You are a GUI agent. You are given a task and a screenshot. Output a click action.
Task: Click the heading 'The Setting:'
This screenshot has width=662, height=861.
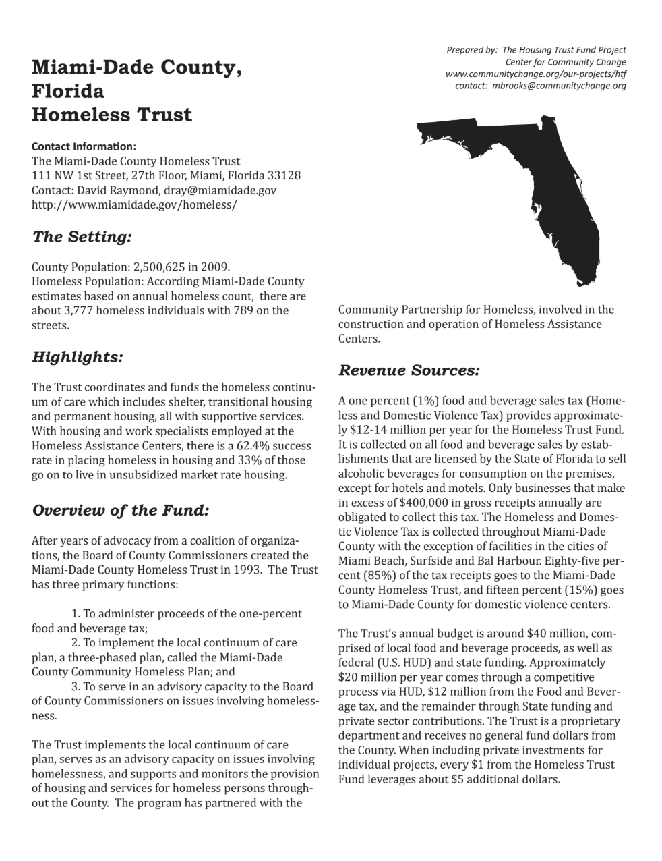point(81,237)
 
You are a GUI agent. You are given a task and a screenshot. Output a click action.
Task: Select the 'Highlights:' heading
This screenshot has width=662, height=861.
point(77,356)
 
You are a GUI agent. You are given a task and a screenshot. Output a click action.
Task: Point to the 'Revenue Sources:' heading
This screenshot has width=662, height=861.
point(409,370)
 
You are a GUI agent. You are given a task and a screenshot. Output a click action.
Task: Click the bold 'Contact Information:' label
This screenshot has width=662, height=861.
point(84,146)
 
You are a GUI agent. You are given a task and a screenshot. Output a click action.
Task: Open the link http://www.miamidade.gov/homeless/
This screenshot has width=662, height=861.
point(134,204)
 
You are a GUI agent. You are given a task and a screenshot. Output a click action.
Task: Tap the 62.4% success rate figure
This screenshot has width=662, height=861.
point(262,446)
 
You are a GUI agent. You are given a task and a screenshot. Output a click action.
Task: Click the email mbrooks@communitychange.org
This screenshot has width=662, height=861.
point(559,86)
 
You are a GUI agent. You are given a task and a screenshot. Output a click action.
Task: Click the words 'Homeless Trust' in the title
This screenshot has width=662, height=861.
point(112,115)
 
